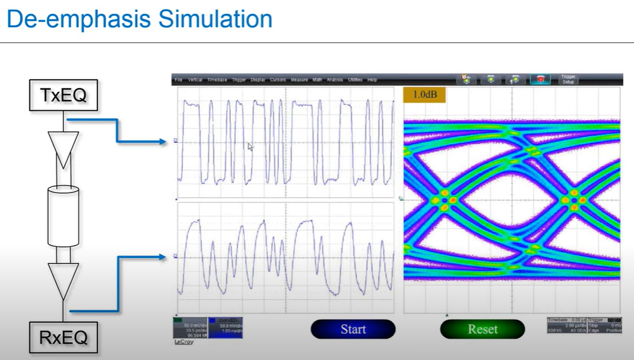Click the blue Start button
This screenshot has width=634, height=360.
(353, 329)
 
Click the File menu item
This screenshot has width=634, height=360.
(179, 80)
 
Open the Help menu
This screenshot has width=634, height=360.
(372, 80)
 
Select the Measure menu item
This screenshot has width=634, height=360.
(299, 80)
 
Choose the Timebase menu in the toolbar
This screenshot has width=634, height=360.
(218, 80)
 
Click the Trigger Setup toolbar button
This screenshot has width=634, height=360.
(569, 79)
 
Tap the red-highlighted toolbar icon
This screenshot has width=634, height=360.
(540, 79)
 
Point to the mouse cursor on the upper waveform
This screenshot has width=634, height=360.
(250, 147)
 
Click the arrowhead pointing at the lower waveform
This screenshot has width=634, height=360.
(165, 256)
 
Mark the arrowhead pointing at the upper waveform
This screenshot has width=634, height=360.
(165, 141)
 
